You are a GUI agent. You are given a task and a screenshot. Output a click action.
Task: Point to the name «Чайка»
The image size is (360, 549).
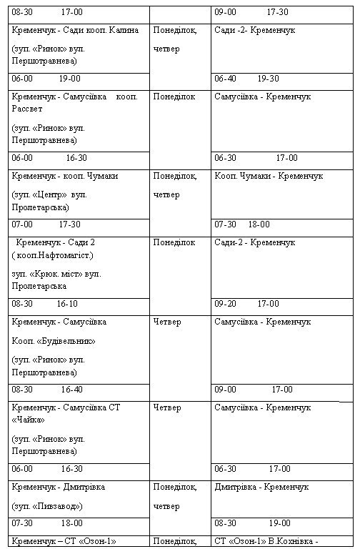pyautogui.click(x=27, y=420)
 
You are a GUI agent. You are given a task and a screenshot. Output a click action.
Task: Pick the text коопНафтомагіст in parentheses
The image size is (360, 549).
pyautogui.click(x=58, y=255)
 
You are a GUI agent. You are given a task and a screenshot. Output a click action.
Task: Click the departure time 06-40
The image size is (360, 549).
pyautogui.click(x=226, y=79)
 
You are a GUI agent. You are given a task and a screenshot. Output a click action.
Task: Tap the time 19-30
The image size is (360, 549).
pyautogui.click(x=268, y=79)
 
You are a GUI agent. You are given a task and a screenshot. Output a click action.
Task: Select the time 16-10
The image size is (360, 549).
pyautogui.click(x=67, y=303)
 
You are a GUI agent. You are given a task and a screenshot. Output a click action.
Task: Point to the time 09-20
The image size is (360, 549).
pyautogui.click(x=226, y=303)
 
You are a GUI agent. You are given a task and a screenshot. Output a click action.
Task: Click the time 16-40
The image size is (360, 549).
pyautogui.click(x=71, y=390)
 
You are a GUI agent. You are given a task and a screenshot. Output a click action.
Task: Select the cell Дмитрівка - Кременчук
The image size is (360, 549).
pyautogui.click(x=261, y=487)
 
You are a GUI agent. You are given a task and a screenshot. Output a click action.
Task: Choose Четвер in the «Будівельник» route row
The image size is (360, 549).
pyautogui.click(x=167, y=322)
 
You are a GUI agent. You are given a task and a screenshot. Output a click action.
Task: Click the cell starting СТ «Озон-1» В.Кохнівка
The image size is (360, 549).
pyautogui.click(x=266, y=540)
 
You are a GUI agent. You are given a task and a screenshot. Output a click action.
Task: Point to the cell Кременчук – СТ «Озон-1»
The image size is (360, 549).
pyautogui.click(x=64, y=540)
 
